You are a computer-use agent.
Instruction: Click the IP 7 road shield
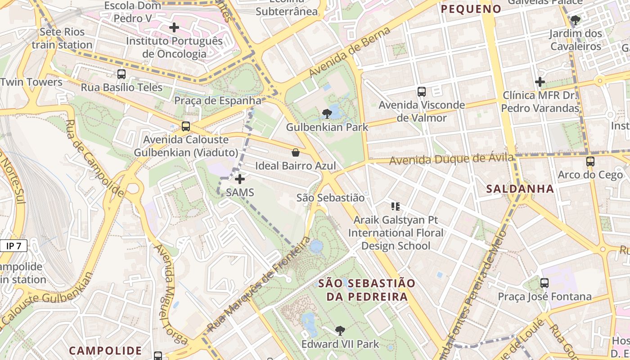coord(13,246)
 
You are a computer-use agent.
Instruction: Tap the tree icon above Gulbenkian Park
coord(327,114)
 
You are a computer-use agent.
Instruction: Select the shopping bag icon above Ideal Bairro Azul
coord(296,153)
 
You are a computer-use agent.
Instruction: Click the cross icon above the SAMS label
coord(240,179)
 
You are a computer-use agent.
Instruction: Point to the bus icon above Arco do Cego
coord(590,161)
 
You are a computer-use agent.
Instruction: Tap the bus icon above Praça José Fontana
coord(544,283)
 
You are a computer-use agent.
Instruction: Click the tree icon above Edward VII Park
coord(340,331)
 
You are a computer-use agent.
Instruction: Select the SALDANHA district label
coord(520,189)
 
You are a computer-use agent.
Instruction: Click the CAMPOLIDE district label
coord(105,351)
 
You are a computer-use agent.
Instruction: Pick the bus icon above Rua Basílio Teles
coord(121,74)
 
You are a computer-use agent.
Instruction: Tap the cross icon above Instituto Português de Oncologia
coord(174,27)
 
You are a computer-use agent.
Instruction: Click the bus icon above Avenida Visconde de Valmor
coord(421,92)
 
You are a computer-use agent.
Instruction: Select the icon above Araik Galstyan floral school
coord(395,207)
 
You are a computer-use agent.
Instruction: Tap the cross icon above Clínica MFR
coord(540,82)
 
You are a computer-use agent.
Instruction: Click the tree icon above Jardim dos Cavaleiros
coord(575,20)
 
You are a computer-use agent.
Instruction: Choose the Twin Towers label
coord(31,82)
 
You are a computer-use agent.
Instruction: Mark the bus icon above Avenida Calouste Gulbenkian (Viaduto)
coord(185,126)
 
